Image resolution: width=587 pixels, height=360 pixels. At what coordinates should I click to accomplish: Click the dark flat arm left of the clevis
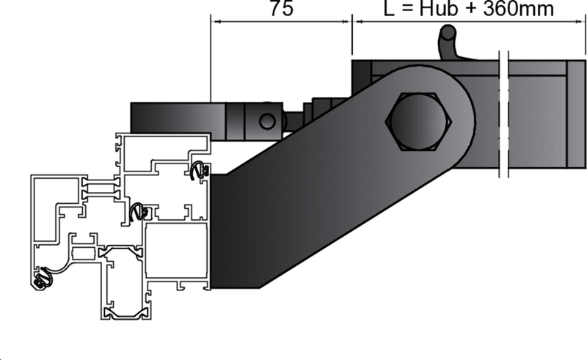(176, 118)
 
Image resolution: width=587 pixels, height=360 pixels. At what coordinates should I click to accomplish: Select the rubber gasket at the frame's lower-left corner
(43, 276)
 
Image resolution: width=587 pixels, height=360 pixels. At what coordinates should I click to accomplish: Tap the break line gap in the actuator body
(503, 117)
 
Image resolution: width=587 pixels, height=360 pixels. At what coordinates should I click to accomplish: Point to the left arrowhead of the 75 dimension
(214, 21)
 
